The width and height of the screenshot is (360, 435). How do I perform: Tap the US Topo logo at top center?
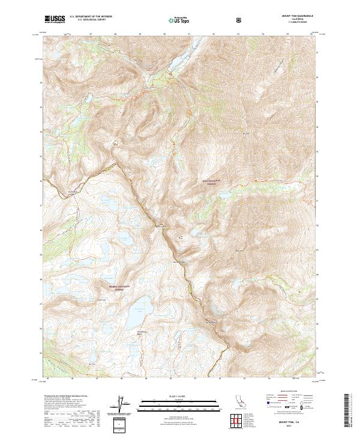175,19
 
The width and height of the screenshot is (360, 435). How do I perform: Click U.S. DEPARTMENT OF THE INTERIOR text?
91,17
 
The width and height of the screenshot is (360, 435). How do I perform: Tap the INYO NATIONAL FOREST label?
216,181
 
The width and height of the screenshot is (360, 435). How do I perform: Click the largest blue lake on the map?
137,311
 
